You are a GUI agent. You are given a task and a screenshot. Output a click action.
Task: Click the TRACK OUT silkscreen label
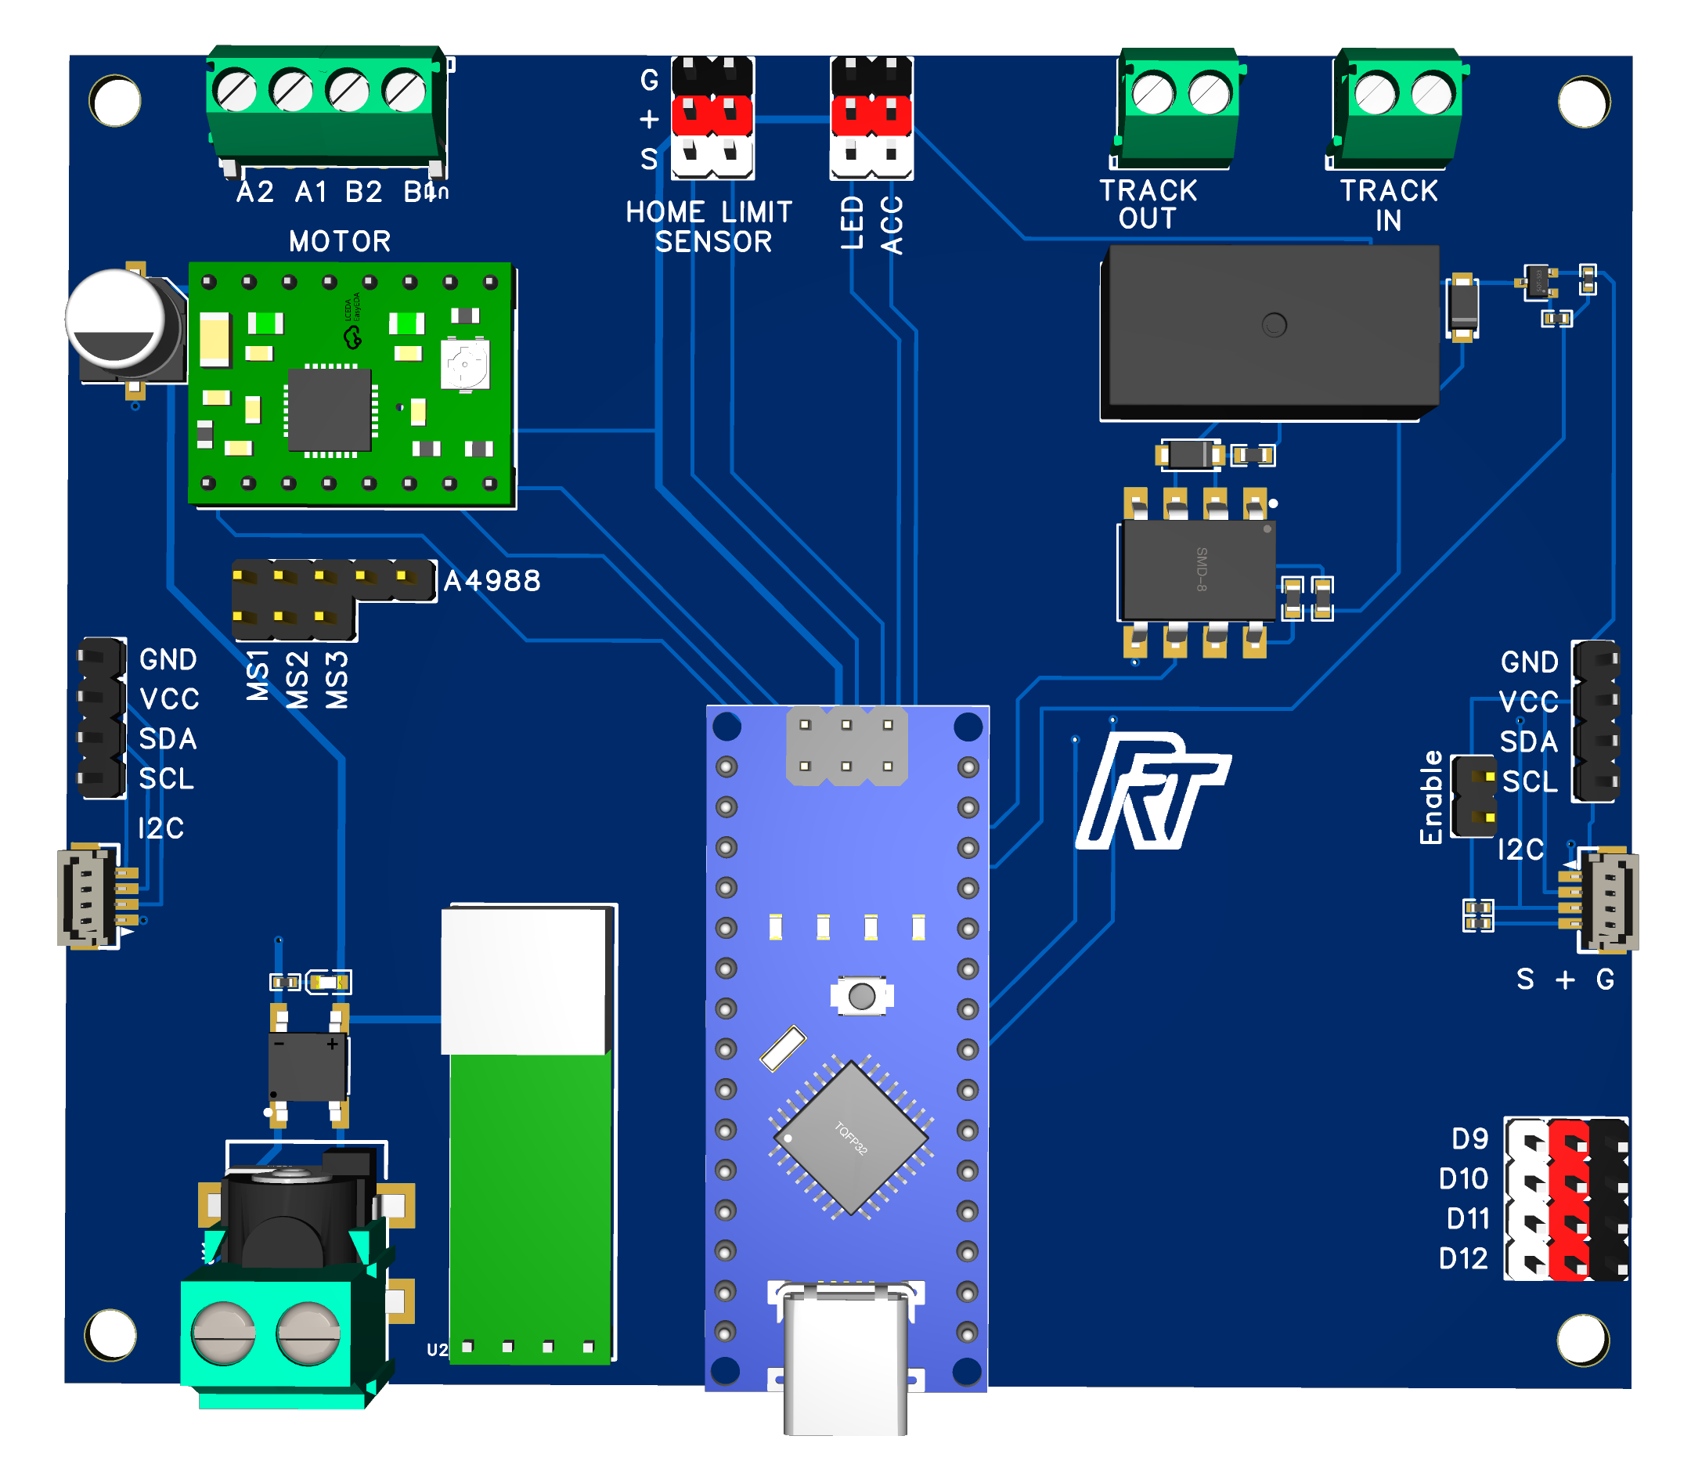(x=1148, y=204)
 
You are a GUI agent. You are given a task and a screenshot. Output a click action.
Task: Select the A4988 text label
(x=492, y=582)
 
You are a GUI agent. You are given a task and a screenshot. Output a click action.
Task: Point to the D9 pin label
(x=1469, y=1138)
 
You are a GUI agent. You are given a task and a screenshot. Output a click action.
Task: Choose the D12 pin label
(x=1463, y=1258)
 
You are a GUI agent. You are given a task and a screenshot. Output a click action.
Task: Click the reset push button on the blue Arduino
(x=861, y=997)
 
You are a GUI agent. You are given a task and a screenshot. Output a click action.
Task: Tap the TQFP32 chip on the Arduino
(x=851, y=1138)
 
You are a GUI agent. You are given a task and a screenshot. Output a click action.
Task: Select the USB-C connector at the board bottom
(x=846, y=1355)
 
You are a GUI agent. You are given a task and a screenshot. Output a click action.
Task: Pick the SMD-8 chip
(x=1199, y=569)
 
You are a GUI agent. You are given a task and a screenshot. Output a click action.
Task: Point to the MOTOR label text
(x=340, y=241)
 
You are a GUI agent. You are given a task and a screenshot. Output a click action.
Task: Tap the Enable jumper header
(x=1473, y=796)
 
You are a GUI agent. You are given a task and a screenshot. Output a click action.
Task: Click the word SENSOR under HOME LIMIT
(x=713, y=242)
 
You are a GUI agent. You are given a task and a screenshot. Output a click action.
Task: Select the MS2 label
(x=297, y=680)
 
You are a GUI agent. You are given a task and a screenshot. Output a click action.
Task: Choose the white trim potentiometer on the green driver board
(x=466, y=364)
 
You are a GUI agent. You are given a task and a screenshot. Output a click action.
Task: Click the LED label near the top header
(x=853, y=222)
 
